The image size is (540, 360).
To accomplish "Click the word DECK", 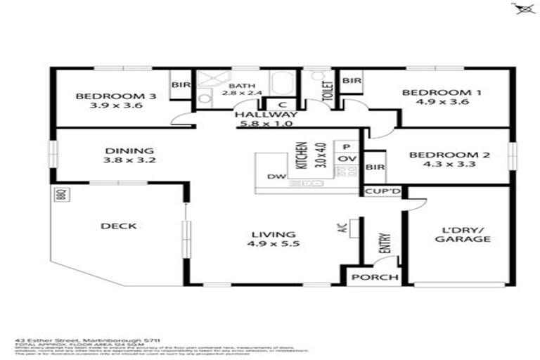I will pyautogui.click(x=118, y=226).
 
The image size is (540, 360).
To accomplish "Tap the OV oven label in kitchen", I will pyautogui.click(x=345, y=159).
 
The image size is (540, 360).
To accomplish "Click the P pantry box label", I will pyautogui.click(x=345, y=146).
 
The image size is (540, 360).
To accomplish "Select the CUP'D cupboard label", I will pyautogui.click(x=382, y=191).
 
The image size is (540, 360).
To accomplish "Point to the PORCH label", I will pyautogui.click(x=375, y=277).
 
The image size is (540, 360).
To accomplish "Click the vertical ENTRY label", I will pyautogui.click(x=385, y=243).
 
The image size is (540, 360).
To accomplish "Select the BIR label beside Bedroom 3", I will pyautogui.click(x=181, y=84).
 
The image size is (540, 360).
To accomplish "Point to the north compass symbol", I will pyautogui.click(x=522, y=8).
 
